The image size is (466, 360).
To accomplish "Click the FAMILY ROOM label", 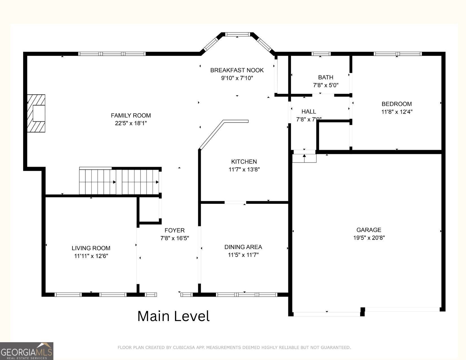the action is tap(131, 115).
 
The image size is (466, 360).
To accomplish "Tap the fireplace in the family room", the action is tap(36, 113).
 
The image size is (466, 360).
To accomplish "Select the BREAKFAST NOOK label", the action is tap(237, 70).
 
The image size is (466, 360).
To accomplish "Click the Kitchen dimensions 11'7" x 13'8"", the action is tap(244, 169).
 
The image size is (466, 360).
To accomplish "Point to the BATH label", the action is tap(326, 77).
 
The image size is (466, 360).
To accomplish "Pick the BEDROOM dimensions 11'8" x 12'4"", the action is tap(397, 112).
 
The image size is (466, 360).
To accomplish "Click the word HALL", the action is tap(309, 112).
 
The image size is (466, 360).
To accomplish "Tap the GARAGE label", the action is tap(369, 230).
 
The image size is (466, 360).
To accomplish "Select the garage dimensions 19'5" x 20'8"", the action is tap(369, 237).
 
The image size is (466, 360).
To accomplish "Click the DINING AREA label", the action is tap(243, 247).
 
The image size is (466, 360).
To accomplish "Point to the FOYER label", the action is tap(175, 230).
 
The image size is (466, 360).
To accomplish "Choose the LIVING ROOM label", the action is tap(91, 248).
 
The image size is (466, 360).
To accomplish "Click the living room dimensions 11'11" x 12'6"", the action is tap(91, 256).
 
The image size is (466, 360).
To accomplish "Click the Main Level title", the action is tap(173, 316).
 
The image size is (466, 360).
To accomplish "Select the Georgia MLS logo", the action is tap(27, 351).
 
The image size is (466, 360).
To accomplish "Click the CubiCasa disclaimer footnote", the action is tap(234, 347).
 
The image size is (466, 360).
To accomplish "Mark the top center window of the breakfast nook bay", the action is tap(238, 34).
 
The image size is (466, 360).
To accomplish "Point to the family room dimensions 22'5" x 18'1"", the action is tap(131, 123).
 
